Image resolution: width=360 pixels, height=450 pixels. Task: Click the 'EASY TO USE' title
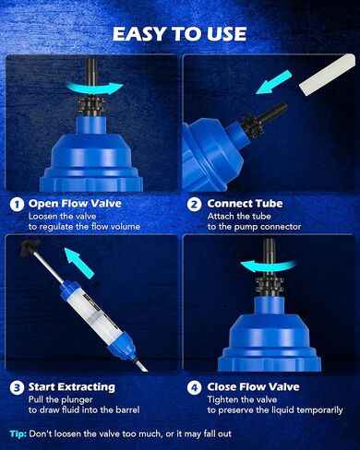tap(180, 34)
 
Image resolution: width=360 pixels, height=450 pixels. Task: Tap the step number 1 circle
tap(16, 204)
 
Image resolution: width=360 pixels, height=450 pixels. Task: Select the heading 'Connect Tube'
tap(246, 204)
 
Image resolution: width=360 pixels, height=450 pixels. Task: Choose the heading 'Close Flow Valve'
tap(258, 386)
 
